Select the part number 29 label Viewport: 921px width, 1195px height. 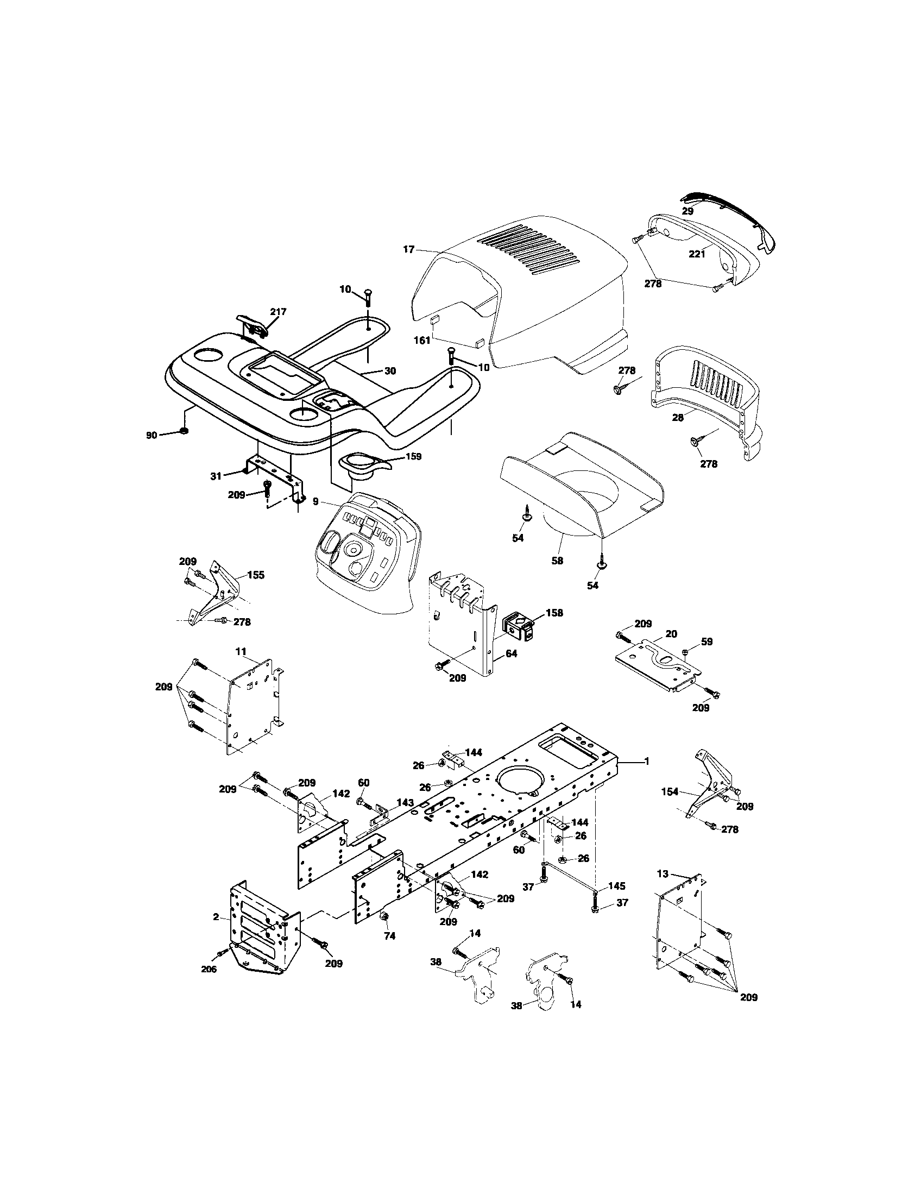click(687, 211)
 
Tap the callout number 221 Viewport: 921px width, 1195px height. click(697, 254)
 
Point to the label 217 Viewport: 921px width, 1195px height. click(278, 311)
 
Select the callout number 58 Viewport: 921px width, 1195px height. click(557, 561)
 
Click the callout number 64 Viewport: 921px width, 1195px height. click(511, 653)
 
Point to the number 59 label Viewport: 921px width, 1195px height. click(707, 641)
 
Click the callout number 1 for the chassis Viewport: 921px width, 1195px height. click(647, 761)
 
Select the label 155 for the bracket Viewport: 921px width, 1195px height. click(255, 575)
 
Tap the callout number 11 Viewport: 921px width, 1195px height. click(241, 651)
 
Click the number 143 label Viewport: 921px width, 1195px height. click(405, 802)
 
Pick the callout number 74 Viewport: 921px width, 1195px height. click(389, 936)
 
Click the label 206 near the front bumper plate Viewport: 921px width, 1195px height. click(209, 969)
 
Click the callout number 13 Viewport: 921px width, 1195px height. click(663, 874)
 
